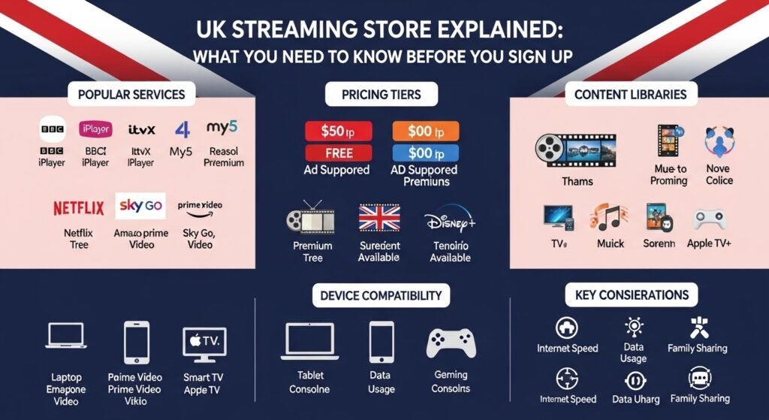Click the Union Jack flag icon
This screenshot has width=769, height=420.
(x=379, y=218)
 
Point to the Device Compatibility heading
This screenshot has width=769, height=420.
(x=381, y=295)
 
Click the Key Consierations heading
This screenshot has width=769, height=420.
(x=631, y=295)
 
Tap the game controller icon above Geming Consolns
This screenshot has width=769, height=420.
(x=451, y=342)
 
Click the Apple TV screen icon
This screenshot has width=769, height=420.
(x=204, y=343)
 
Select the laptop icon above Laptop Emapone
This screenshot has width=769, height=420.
(x=66, y=337)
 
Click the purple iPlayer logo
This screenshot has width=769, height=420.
(x=95, y=128)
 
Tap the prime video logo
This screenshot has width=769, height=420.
(x=200, y=205)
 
